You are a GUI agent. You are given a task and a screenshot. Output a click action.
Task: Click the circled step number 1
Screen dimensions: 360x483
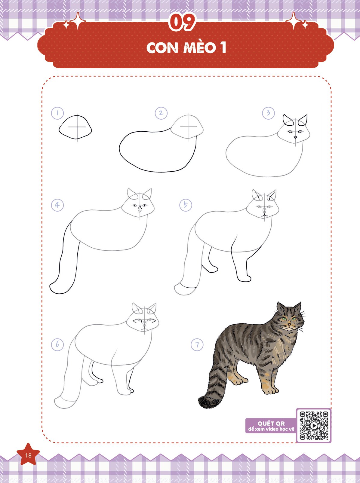[x=57, y=113]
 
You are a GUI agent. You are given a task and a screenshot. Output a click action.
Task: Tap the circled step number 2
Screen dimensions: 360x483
[x=161, y=113]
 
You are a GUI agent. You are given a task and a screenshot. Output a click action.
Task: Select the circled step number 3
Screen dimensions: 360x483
[x=268, y=113]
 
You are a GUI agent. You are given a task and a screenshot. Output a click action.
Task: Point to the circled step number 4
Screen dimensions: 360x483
[x=57, y=205]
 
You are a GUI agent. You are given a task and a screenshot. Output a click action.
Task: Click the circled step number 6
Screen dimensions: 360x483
[x=57, y=344]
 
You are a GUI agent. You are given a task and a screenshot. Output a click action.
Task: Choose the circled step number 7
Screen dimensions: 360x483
[x=197, y=345]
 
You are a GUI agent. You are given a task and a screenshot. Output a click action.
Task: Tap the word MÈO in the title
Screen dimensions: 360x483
[x=199, y=47]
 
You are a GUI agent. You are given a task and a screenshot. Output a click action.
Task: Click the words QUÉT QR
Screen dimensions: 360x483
[x=271, y=423]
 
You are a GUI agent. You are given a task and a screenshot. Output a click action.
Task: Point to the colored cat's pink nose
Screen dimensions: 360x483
[x=289, y=325]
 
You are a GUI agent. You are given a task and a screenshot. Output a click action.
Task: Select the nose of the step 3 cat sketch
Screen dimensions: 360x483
[x=295, y=137]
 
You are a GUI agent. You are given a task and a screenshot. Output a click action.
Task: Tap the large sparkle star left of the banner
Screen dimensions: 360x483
[x=78, y=21]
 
